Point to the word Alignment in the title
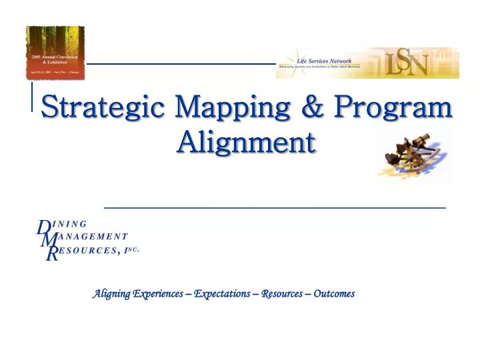246,141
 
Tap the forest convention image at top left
55,52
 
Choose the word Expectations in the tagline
222,293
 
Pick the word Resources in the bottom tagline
282,293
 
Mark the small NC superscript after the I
134,248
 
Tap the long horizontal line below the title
275,208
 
